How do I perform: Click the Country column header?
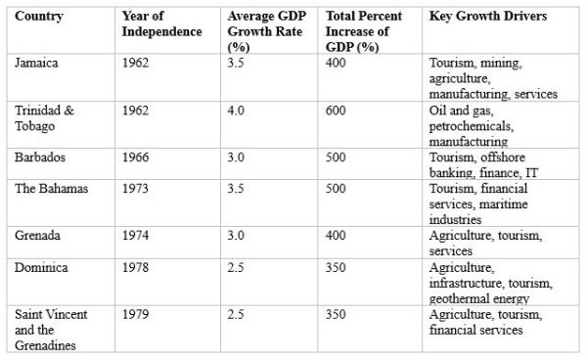(39, 16)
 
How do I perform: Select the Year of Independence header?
(161, 23)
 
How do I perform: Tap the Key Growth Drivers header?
(488, 16)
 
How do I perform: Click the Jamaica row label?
(36, 63)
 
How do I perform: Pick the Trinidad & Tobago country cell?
(44, 118)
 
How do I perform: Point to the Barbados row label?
(40, 157)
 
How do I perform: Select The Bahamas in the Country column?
(51, 189)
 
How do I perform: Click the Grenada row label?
(37, 236)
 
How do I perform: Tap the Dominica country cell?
(41, 268)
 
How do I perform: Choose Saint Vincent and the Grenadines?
(51, 330)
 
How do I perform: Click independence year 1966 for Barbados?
(136, 157)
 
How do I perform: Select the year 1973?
(136, 189)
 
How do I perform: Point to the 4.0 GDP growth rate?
(236, 111)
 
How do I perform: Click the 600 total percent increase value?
(336, 111)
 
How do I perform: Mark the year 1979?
(136, 314)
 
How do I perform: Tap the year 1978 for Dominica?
(136, 268)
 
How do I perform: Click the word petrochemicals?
(472, 126)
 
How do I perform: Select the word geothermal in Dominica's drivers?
(460, 299)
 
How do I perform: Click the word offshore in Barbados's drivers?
(503, 157)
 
